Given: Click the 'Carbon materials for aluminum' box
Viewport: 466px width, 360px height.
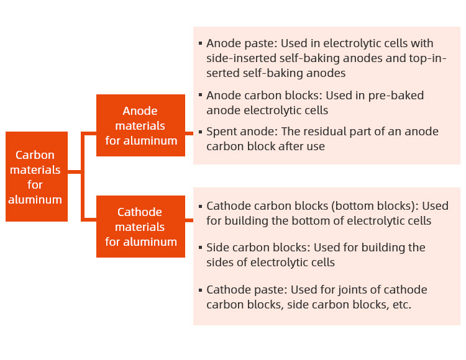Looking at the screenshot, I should (x=36, y=177).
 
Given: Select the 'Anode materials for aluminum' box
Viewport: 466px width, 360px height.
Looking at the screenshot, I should (x=140, y=125).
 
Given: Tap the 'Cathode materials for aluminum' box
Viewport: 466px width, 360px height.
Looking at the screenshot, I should (x=140, y=227).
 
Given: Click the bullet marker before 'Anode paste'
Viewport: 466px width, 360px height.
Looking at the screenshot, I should (x=200, y=44).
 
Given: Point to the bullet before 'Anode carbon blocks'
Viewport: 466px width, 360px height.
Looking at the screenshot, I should (x=200, y=96).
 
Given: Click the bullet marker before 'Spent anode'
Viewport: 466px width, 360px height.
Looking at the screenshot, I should (x=200, y=132).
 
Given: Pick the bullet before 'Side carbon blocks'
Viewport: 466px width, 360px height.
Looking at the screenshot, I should (x=200, y=248).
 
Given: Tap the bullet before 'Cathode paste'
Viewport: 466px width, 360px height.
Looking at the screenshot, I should (x=200, y=290).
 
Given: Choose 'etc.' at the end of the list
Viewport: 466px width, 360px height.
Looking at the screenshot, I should (x=400, y=305).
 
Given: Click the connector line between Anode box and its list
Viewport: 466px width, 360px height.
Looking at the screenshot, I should (x=189, y=133).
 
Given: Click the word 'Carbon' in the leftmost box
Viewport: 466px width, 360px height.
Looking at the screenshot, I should (x=35, y=155).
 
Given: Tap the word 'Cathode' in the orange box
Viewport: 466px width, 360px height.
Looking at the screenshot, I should (x=140, y=212).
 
